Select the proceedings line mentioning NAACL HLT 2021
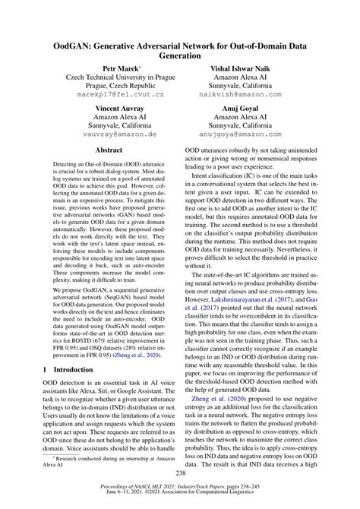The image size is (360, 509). point(179,492)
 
